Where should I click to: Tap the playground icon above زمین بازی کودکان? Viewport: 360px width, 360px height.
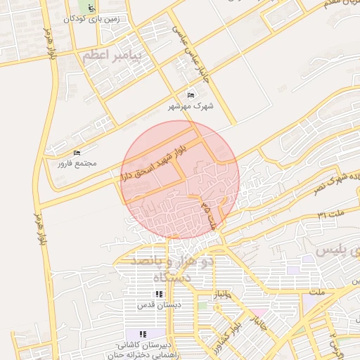pyautogui.click(x=91, y=8)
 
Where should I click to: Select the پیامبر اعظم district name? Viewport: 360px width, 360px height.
pyautogui.click(x=111, y=55)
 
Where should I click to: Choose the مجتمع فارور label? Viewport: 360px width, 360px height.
pyautogui.click(x=77, y=164)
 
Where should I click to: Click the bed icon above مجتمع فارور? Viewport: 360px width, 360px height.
pyautogui.click(x=77, y=153)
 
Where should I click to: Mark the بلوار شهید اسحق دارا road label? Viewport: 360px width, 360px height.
pyautogui.click(x=153, y=162)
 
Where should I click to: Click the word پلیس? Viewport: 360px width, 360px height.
pyautogui.click(x=336, y=251)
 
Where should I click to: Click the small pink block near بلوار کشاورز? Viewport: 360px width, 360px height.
pyautogui.click(x=259, y=311)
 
